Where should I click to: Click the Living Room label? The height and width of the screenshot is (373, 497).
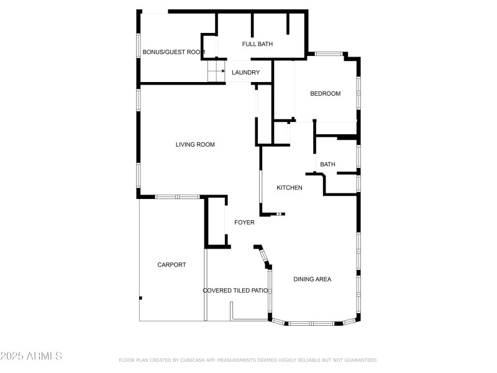[x=195, y=145]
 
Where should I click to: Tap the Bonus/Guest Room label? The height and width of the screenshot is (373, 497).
[x=173, y=52]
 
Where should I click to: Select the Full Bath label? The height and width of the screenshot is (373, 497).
[x=257, y=44]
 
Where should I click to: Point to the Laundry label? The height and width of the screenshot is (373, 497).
[x=245, y=73]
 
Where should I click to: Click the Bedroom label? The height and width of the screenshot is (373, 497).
[x=326, y=94]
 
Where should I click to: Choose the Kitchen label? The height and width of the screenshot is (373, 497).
[x=290, y=188]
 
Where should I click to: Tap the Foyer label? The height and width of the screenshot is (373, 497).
[x=244, y=223]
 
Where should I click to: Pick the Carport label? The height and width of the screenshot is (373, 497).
[x=171, y=265]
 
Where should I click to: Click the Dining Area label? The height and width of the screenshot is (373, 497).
[x=312, y=279]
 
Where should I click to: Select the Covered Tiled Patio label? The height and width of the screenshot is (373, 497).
[x=235, y=290]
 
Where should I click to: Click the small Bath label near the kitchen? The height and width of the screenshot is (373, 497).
[x=327, y=164]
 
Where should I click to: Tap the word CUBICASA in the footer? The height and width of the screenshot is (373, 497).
[x=194, y=360]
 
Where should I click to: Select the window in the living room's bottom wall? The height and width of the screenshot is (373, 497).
[x=176, y=197]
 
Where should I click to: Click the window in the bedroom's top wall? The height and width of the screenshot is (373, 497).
[x=329, y=54]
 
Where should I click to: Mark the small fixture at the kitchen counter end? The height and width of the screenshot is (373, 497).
[x=280, y=214]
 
